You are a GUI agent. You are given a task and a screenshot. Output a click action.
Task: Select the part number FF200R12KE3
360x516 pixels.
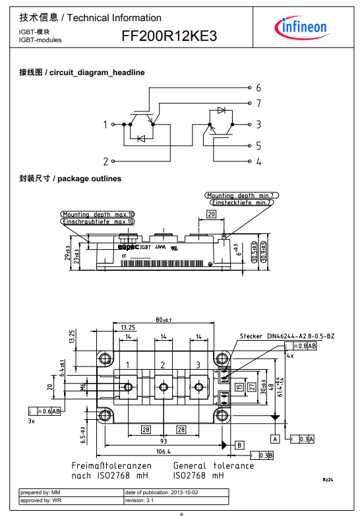(x=169, y=38)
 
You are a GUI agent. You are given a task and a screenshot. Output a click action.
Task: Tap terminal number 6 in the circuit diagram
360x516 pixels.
(x=258, y=88)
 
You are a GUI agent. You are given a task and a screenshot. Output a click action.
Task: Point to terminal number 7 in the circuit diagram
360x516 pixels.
(x=258, y=103)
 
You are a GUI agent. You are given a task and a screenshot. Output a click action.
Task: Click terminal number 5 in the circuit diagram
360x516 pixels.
(x=258, y=146)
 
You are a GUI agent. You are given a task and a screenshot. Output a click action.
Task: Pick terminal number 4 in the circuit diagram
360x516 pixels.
(x=258, y=161)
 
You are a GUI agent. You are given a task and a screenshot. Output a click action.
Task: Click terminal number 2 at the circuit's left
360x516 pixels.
(x=105, y=161)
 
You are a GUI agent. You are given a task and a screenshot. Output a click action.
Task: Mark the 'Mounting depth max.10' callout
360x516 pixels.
(x=98, y=215)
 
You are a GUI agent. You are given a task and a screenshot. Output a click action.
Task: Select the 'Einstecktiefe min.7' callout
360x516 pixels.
(x=239, y=202)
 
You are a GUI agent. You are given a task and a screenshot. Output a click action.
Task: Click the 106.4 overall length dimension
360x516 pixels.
(x=163, y=452)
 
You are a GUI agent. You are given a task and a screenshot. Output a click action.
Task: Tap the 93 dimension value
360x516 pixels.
(x=163, y=441)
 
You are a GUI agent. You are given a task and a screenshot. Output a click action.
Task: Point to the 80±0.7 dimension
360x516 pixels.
(x=163, y=321)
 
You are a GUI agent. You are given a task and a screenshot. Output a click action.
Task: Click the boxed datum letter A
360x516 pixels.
(x=275, y=438)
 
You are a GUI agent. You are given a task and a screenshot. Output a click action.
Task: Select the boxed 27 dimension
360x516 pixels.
(x=251, y=387)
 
